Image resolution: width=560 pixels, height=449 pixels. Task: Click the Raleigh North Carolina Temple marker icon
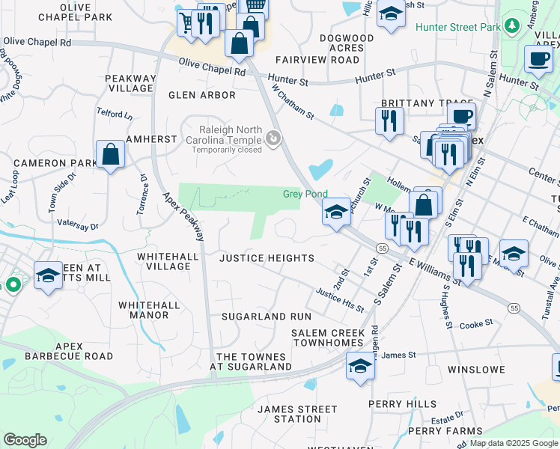pyautogui.click(x=273, y=138)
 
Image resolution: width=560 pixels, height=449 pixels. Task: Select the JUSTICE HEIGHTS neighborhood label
pyautogui.click(x=267, y=258)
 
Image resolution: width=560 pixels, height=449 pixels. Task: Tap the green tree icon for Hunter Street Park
pyautogui.click(x=513, y=26)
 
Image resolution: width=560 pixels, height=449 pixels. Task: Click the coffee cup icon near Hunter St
pyautogui.click(x=538, y=58)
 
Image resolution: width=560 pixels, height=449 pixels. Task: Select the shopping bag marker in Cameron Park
pyautogui.click(x=111, y=155)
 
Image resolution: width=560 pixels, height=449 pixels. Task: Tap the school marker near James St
pyautogui.click(x=361, y=367)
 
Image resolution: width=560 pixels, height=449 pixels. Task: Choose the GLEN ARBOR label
pyautogui.click(x=202, y=95)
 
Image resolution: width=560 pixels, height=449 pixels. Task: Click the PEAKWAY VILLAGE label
pyautogui.click(x=130, y=83)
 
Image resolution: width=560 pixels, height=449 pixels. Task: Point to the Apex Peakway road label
pyautogui.click(x=184, y=216)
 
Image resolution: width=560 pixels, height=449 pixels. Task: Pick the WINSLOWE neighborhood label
pyautogui.click(x=475, y=370)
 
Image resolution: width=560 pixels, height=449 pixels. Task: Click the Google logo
pyautogui.click(x=25, y=440)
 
